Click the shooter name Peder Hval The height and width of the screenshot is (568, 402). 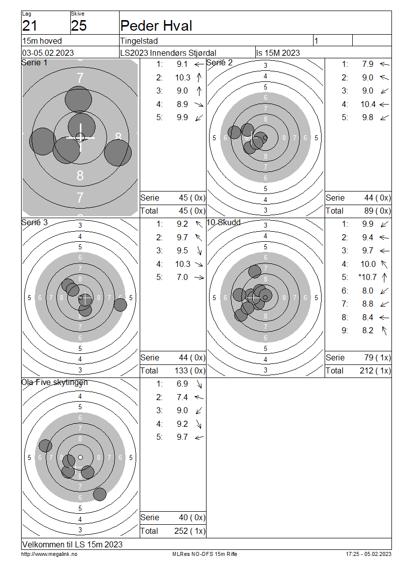click(x=156, y=26)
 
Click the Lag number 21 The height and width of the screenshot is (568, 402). click(x=30, y=26)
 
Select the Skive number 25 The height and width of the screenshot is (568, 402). click(x=79, y=26)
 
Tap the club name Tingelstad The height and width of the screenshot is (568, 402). click(x=139, y=41)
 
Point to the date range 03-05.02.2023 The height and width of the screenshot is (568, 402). click(x=48, y=53)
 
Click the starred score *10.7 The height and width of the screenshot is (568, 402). click(x=368, y=277)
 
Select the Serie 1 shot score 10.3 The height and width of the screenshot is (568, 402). click(x=182, y=77)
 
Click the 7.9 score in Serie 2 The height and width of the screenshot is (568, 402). click(x=368, y=64)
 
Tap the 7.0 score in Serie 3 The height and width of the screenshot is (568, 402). click(x=182, y=277)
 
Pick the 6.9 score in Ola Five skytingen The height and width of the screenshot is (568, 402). click(x=182, y=384)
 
